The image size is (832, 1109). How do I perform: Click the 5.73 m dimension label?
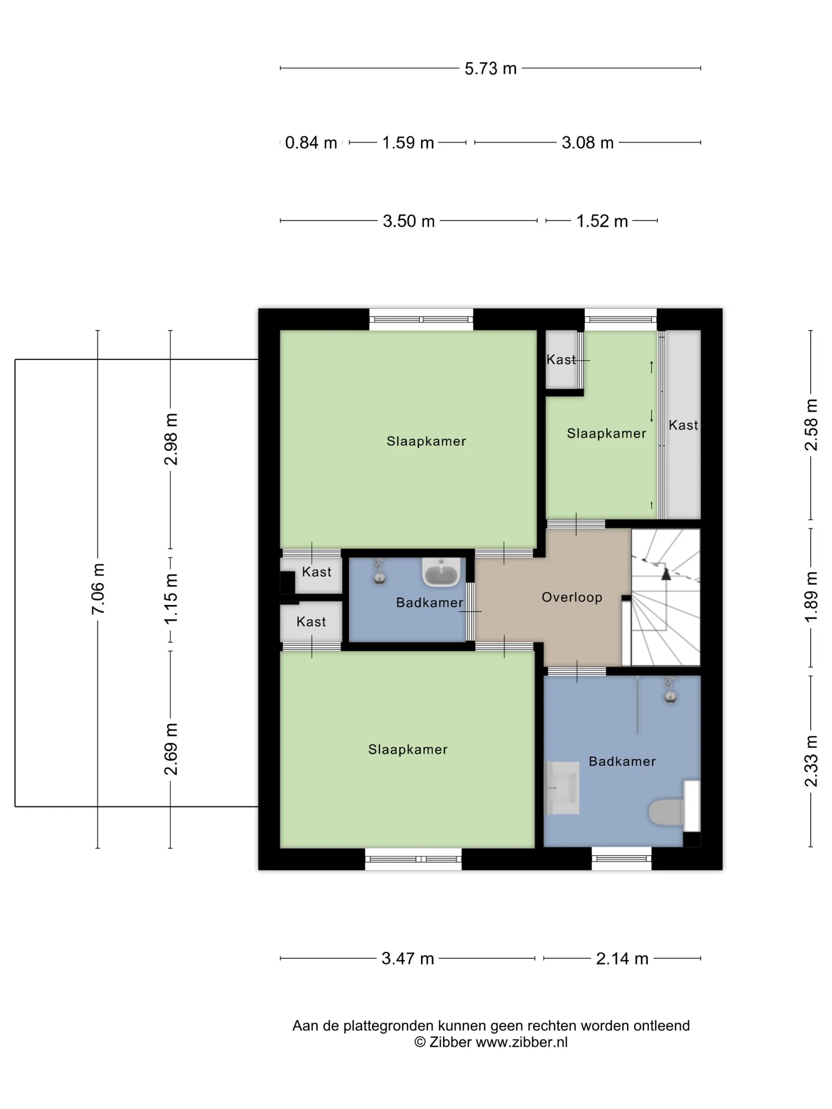490,68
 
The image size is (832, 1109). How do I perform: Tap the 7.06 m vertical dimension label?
98,589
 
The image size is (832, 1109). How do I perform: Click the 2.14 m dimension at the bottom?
622,958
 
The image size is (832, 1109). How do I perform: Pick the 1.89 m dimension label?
811,596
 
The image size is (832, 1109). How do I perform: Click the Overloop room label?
572,597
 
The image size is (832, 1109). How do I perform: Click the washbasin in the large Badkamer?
562,788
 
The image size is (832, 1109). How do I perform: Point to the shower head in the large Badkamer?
670,690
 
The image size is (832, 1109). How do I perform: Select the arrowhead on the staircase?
666,574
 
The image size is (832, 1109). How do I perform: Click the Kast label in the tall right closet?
683,425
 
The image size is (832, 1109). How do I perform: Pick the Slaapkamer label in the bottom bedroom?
408,749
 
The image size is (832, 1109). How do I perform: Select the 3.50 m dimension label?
409,221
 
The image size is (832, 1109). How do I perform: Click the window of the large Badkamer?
621,859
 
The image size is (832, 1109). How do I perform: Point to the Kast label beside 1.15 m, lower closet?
311,622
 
